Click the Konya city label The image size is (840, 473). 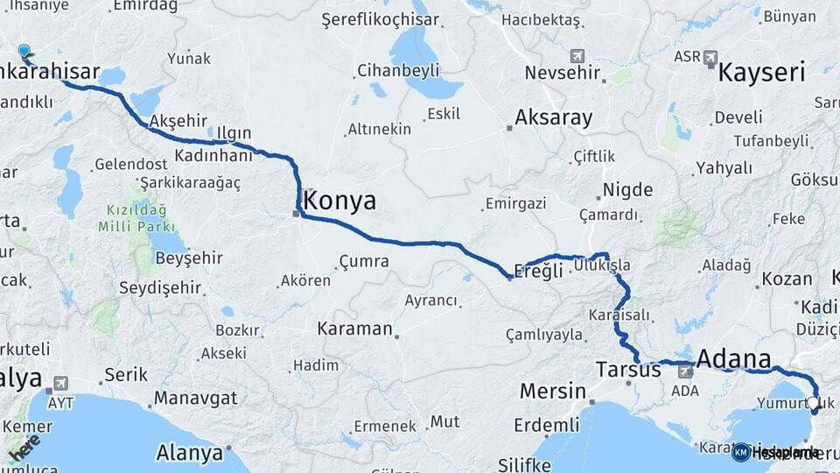tap(342, 201)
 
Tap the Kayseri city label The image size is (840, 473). tap(761, 72)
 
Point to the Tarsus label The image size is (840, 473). tap(628, 369)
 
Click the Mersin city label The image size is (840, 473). tap(552, 390)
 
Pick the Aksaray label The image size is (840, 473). tap(554, 116)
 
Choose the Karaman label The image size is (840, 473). tap(354, 329)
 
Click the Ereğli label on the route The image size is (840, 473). tap(539, 271)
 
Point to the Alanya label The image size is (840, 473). tap(189, 453)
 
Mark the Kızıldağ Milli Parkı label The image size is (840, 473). tap(136, 218)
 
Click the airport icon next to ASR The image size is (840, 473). tap(710, 58)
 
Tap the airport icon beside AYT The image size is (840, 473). tap(60, 383)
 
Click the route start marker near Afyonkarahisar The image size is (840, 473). tap(24, 53)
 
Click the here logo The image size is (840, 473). tap(24, 446)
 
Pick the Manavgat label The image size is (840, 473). tap(195, 398)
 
